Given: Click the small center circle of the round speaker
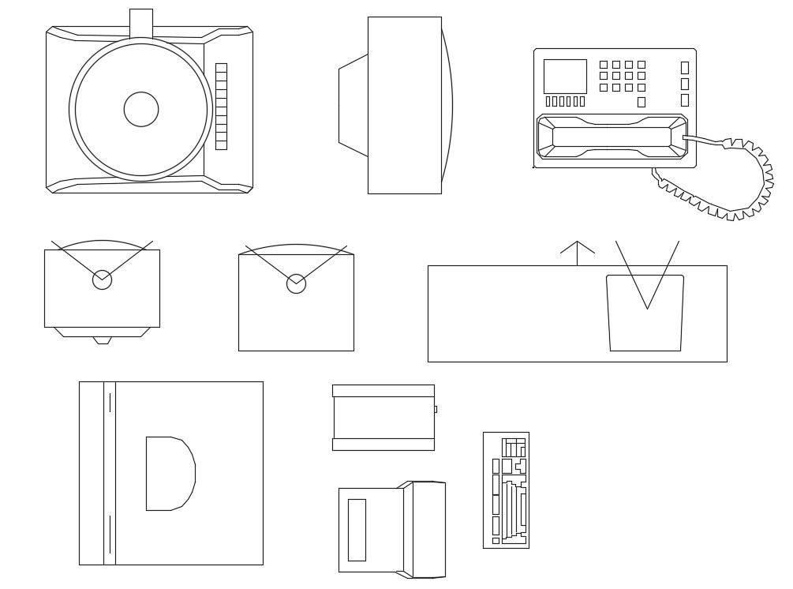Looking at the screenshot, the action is coord(141,109).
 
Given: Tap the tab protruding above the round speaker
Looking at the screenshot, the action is coord(141,22).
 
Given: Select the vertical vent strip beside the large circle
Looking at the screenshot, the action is coord(221,106).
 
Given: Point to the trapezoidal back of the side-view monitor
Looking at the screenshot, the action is coord(353,105).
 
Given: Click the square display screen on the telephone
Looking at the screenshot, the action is coord(565,76).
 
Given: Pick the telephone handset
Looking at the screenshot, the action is coord(612,137).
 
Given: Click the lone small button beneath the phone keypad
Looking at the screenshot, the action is coord(642,102).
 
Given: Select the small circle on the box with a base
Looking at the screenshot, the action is coord(102,279).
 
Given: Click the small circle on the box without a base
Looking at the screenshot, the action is coord(296,283).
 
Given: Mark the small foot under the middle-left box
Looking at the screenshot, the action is coord(102,340).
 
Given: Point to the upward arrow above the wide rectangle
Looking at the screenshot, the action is coord(578,251).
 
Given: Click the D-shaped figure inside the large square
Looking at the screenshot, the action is coord(168,474).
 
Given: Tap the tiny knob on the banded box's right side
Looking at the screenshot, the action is coord(436,409).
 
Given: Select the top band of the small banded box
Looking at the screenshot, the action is coord(383,391).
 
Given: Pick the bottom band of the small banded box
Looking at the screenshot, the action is coord(383,445).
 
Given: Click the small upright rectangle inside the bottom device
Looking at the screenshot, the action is coord(357,530).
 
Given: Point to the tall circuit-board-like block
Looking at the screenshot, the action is coord(506,490).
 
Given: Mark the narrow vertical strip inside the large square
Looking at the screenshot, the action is coord(110,474).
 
